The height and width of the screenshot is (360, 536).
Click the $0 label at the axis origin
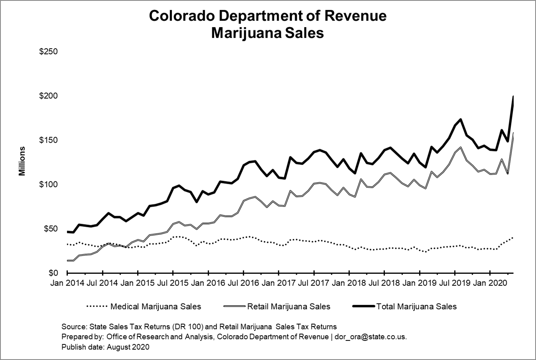click(53, 273)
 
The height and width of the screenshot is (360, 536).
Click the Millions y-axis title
click(22, 161)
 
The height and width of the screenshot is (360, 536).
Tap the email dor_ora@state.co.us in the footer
click(370, 337)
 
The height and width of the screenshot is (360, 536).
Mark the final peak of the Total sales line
click(513, 96)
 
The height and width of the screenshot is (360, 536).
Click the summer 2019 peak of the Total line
click(461, 119)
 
